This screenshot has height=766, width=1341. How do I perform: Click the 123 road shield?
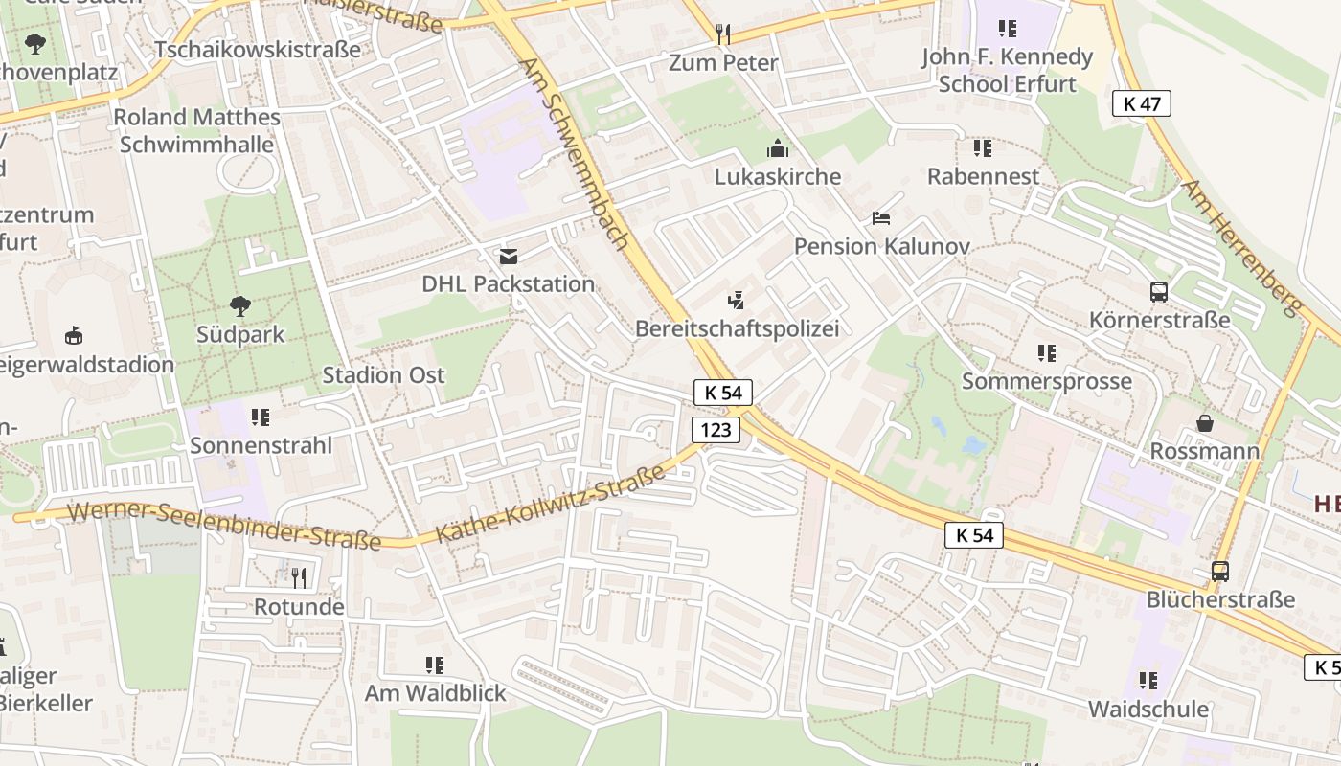pyautogui.click(x=716, y=430)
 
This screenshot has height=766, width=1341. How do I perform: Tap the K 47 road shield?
pyautogui.click(x=1142, y=103)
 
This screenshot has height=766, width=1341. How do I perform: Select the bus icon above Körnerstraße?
pyautogui.click(x=1159, y=292)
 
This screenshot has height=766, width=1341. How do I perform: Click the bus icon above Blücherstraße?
pyautogui.click(x=1219, y=572)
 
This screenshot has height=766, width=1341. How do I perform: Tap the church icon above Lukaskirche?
pyautogui.click(x=777, y=148)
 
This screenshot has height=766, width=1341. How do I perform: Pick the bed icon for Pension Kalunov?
pyautogui.click(x=881, y=218)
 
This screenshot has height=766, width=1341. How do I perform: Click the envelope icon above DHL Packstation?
pyautogui.click(x=508, y=257)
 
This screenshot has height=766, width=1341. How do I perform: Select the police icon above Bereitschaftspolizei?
pyautogui.click(x=736, y=301)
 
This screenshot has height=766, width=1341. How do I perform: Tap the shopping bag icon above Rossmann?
pyautogui.click(x=1204, y=422)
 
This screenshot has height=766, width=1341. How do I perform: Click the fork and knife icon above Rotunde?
pyautogui.click(x=299, y=577)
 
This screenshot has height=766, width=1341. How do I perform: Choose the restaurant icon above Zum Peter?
pyautogui.click(x=723, y=34)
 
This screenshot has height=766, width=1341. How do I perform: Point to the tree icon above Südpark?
pyautogui.click(x=240, y=306)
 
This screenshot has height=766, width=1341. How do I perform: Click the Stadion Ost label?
pyautogui.click(x=383, y=374)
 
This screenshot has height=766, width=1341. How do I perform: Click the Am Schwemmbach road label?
pyautogui.click(x=574, y=153)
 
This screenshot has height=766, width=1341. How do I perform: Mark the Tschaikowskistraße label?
pyautogui.click(x=258, y=49)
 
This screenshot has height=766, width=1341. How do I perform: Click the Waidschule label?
pyautogui.click(x=1148, y=710)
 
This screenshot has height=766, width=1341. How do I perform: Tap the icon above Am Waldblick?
pyautogui.click(x=434, y=665)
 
